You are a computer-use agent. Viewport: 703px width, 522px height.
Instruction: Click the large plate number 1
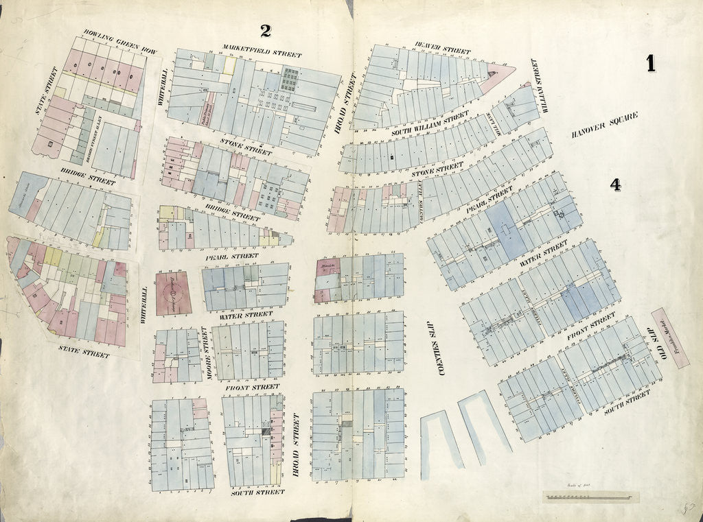point(649,63)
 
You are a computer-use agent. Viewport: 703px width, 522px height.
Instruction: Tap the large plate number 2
point(265,30)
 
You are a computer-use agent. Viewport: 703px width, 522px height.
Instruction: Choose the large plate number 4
point(615,185)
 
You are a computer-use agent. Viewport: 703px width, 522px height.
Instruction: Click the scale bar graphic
point(591,496)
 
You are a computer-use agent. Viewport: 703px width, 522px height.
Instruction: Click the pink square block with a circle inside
point(173,293)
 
